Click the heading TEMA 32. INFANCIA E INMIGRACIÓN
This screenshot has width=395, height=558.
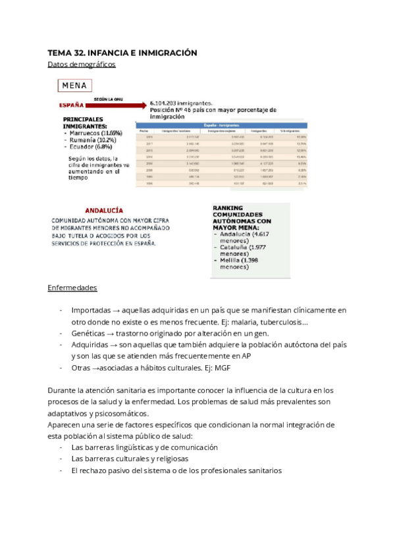pos(122,52)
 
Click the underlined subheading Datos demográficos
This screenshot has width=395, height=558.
pos(82,64)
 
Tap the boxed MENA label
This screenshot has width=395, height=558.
pos(76,86)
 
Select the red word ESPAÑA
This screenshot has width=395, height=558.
pos(70,105)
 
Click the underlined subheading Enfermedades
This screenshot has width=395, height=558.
pos(72,288)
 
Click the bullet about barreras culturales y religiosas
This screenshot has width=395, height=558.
pos(129,459)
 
